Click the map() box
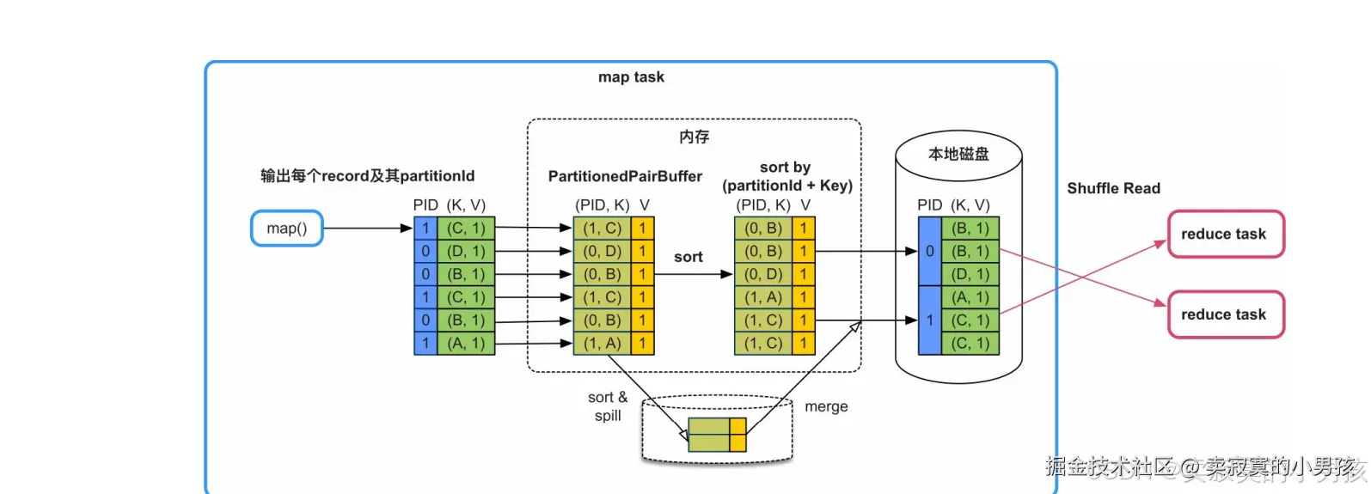click(286, 229)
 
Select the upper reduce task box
click(1225, 234)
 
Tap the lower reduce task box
click(1225, 314)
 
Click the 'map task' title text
click(631, 77)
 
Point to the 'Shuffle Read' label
click(1113, 188)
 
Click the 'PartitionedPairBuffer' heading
click(625, 176)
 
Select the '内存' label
click(694, 137)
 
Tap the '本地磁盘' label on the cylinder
click(958, 154)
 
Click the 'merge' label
click(826, 406)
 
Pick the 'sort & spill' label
click(608, 406)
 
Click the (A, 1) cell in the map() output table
click(466, 344)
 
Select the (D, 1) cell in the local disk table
click(970, 274)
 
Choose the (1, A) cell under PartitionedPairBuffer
click(602, 344)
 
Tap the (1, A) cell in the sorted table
click(762, 297)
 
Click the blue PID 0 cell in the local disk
click(929, 251)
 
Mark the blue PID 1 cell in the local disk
click(929, 320)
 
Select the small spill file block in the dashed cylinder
click(717, 435)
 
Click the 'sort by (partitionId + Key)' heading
click(786, 176)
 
